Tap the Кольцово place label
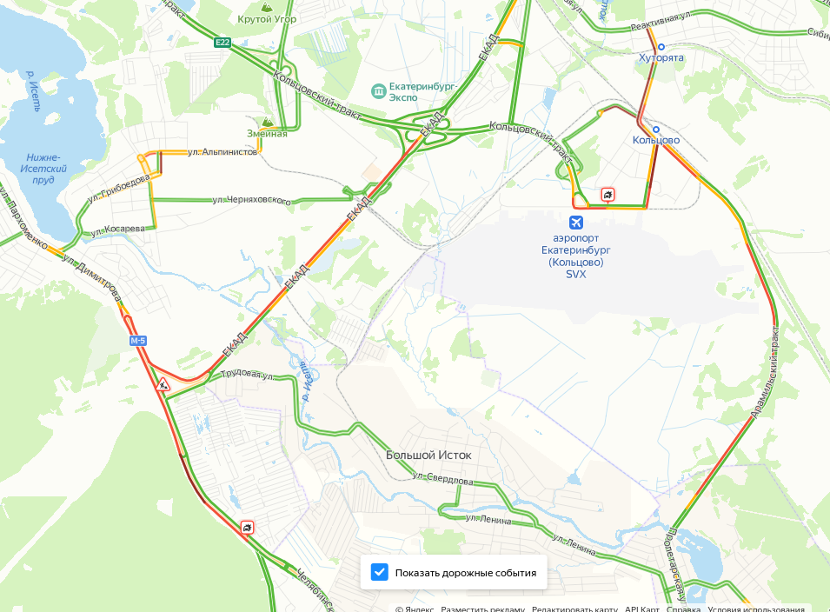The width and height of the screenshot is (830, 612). pos(655,140)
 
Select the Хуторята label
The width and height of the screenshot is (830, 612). pos(661,57)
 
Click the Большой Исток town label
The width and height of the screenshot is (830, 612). pos(428,455)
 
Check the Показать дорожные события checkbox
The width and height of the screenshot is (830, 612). pos(379,572)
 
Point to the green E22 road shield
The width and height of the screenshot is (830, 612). pos(223,43)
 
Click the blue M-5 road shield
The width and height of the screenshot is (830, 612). pos(138,341)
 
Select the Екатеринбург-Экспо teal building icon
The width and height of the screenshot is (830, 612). pos(378,90)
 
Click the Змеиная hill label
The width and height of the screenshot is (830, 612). pos(267,133)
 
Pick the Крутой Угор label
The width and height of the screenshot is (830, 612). pos(267,19)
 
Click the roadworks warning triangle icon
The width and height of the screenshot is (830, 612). pos(163,382)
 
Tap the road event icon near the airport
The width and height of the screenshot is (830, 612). pos(608,195)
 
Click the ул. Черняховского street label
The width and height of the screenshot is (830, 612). pos(252,201)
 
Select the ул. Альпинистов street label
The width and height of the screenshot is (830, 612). pos(222,151)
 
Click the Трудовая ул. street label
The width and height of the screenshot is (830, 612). pos(247,375)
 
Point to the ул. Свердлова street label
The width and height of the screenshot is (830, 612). pos(443,479)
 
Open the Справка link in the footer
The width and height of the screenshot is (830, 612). pos(683,609)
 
